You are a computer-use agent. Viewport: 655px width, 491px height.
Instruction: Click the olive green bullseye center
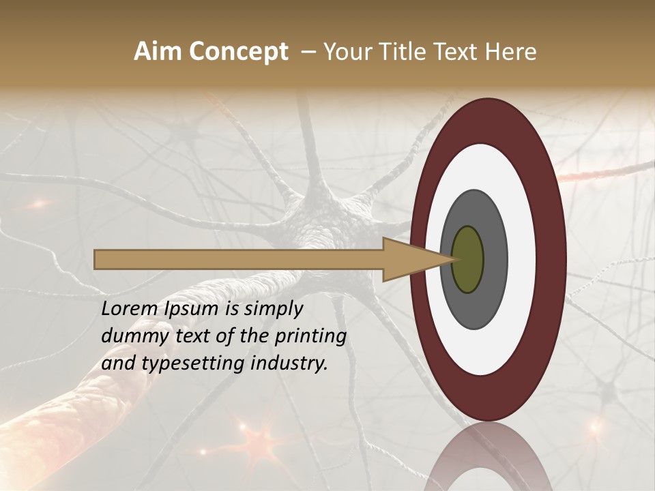tap(468, 260)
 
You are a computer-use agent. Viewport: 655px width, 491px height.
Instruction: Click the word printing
tap(310, 337)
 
